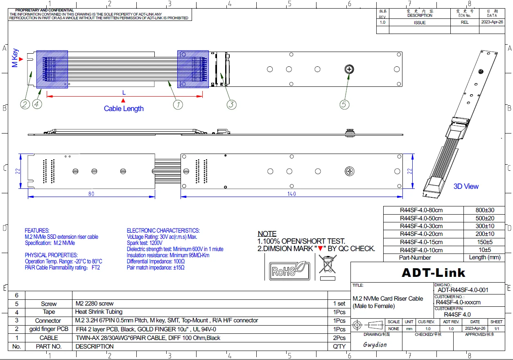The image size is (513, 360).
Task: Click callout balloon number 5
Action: tap(344, 105)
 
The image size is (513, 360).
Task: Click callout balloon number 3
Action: tap(231, 105)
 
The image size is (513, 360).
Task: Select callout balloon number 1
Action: tap(178, 105)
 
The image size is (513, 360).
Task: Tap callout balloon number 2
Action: tap(25, 104)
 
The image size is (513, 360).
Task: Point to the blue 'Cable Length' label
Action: tap(124, 109)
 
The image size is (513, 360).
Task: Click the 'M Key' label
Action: tap(15, 58)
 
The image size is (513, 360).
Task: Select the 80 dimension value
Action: tap(91, 194)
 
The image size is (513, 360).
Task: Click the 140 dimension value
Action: tap(292, 194)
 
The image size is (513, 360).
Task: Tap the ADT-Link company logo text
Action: tap(433, 273)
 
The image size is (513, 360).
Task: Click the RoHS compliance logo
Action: tap(290, 271)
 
